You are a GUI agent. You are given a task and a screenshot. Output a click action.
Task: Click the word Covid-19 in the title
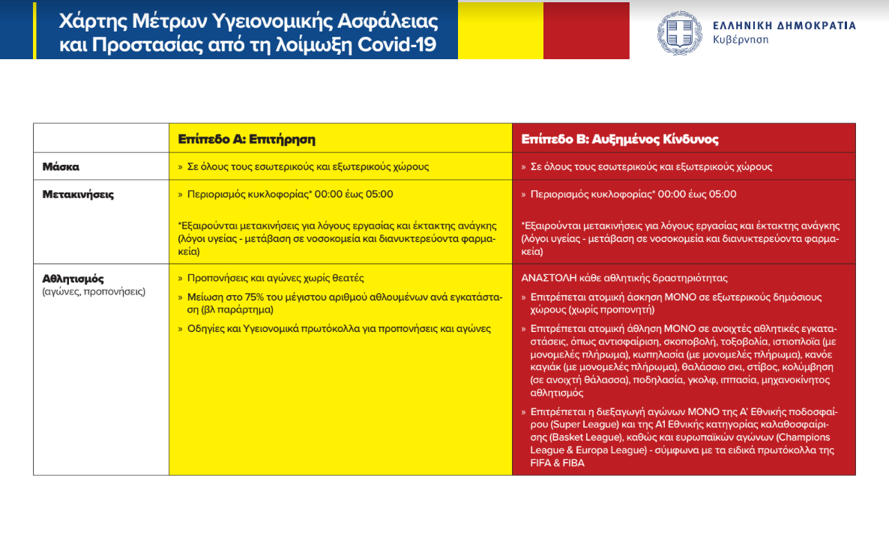click(x=406, y=44)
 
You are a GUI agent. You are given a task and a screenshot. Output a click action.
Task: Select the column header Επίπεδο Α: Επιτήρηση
click(x=247, y=139)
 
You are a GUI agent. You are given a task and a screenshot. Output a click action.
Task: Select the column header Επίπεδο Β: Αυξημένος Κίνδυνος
click(x=620, y=139)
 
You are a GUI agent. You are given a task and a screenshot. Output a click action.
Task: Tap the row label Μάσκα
click(x=61, y=166)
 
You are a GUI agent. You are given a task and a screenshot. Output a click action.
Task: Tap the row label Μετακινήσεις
click(x=78, y=194)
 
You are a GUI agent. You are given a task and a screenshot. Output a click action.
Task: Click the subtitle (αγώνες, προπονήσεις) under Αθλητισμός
click(x=94, y=291)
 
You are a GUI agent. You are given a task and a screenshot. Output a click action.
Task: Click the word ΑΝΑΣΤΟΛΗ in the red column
click(x=549, y=277)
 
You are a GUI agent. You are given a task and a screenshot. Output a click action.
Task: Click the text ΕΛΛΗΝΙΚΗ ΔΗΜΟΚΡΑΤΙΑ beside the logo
click(x=784, y=25)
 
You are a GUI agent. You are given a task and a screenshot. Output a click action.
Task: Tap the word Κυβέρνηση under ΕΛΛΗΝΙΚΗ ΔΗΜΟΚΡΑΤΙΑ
click(x=741, y=40)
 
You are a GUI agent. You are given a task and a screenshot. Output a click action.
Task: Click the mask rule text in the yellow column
click(x=308, y=166)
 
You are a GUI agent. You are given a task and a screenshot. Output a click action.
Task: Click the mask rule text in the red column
click(x=651, y=166)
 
